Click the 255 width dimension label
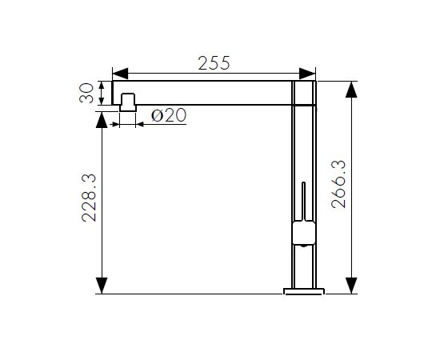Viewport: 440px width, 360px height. click(214, 63)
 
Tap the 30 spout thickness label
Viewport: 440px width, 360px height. click(86, 93)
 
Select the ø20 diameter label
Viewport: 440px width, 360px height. click(169, 115)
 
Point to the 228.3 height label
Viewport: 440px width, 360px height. click(89, 198)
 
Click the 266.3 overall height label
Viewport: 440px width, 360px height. click(338, 184)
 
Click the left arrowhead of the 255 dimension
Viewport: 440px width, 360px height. click(120, 74)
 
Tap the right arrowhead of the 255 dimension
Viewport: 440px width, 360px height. click(307, 74)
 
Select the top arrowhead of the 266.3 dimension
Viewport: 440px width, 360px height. click(351, 90)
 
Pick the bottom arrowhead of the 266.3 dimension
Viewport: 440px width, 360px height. click(351, 286)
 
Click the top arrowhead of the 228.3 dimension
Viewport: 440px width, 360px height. click(102, 120)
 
